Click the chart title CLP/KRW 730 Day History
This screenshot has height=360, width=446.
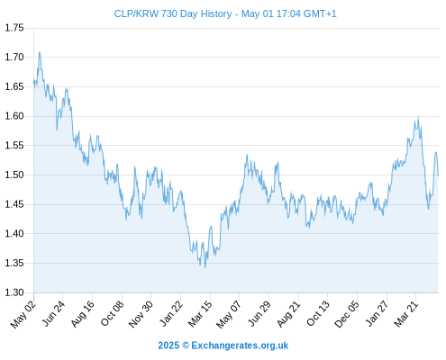pyautogui.click(x=173, y=13)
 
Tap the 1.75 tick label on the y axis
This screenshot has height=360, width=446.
pyautogui.click(x=14, y=28)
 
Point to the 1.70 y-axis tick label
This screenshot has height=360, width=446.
pyautogui.click(x=14, y=57)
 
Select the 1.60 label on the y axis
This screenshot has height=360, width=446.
pyautogui.click(x=14, y=116)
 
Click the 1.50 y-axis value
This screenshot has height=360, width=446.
pyautogui.click(x=14, y=175)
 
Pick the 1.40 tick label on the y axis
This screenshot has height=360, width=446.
pyautogui.click(x=14, y=233)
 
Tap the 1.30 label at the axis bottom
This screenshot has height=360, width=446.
pyautogui.click(x=14, y=292)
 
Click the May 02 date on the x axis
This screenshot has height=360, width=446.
pyautogui.click(x=23, y=314)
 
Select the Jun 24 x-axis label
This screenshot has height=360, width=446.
pyautogui.click(x=53, y=313)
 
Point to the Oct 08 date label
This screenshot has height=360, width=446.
pyautogui.click(x=112, y=313)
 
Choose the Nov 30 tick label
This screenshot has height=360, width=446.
pyautogui.click(x=141, y=314)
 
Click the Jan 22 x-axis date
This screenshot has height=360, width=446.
pyautogui.click(x=171, y=313)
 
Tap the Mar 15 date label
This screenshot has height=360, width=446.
pyautogui.click(x=200, y=314)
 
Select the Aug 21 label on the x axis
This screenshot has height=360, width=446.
pyautogui.click(x=288, y=314)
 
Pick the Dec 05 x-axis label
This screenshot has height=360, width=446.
pyautogui.click(x=347, y=314)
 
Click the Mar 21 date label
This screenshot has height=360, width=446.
pyautogui.click(x=405, y=314)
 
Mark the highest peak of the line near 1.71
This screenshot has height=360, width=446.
pyautogui.click(x=40, y=52)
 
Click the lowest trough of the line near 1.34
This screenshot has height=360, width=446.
pyautogui.click(x=205, y=267)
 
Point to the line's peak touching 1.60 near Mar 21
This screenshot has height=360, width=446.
pyautogui.click(x=418, y=117)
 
